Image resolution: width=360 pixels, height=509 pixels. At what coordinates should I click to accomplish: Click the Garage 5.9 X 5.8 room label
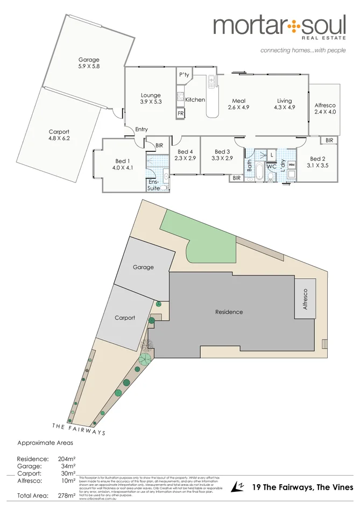tap(89, 63)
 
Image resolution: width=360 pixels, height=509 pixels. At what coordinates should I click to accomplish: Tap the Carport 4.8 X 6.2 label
tap(59, 135)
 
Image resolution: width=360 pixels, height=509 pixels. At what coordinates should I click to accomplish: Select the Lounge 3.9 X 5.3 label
tap(151, 98)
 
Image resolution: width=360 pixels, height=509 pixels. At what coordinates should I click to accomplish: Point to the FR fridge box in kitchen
tap(180, 114)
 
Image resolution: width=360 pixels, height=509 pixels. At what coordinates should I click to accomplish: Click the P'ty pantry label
tap(184, 75)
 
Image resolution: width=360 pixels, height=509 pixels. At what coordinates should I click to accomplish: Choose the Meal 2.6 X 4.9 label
tap(238, 104)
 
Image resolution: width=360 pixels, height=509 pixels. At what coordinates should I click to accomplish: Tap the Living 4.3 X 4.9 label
tap(284, 104)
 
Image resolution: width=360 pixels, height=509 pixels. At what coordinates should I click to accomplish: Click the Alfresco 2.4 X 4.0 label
tap(325, 108)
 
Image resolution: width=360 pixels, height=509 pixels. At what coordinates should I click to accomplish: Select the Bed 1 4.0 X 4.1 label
tap(122, 165)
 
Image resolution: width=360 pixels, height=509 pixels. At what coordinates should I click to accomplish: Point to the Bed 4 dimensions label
tap(185, 158)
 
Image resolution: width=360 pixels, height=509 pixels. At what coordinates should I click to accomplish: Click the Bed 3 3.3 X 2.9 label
tap(222, 155)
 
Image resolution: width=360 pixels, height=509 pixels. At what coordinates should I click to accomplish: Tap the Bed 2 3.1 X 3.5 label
tap(317, 162)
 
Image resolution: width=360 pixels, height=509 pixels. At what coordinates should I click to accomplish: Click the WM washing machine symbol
tap(292, 164)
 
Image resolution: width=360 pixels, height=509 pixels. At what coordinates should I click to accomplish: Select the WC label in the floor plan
tap(271, 167)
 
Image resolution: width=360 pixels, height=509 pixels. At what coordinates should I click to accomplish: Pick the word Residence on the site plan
tap(229, 312)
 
